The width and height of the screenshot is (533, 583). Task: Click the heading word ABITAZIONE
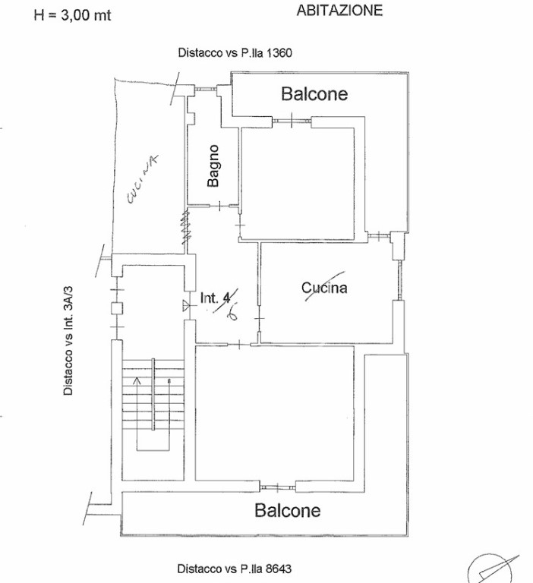[339, 11]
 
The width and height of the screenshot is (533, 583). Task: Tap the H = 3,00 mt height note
[72, 15]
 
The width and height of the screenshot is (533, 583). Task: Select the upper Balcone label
[314, 94]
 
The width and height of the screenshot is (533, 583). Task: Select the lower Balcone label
[288, 510]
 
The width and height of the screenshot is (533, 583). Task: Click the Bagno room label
[213, 166]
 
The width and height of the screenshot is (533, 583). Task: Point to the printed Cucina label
[324, 288]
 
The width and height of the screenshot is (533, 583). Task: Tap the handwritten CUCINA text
[141, 181]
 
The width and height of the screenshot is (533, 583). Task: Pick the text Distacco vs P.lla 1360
[235, 53]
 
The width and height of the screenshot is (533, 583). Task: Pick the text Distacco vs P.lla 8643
[235, 569]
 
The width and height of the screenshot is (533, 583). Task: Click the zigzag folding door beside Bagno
[184, 228]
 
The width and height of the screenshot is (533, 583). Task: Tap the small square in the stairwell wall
[115, 308]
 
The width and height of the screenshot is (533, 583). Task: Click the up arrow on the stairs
[137, 380]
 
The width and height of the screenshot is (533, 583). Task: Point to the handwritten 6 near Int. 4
[232, 313]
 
